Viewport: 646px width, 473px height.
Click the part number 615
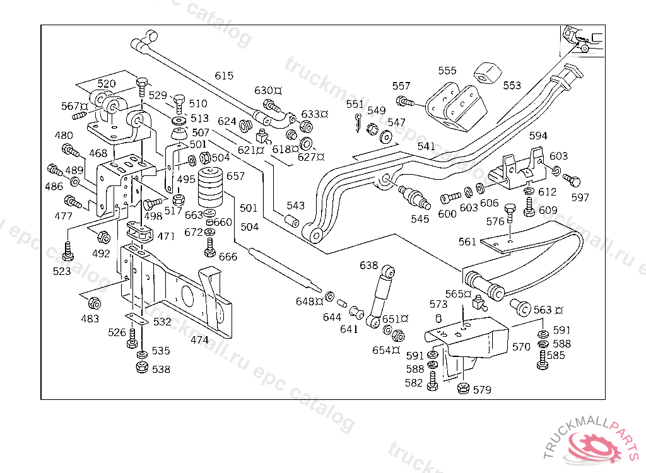[224, 76]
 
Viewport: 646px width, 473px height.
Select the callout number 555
[447, 71]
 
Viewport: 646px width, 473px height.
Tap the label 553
[512, 85]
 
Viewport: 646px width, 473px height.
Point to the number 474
[200, 340]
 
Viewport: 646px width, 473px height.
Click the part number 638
[369, 266]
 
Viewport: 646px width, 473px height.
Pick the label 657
[235, 176]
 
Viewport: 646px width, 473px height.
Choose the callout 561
[467, 242]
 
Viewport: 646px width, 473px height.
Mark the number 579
[482, 390]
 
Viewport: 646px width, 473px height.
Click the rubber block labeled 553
[486, 73]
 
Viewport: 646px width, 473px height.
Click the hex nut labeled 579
[462, 388]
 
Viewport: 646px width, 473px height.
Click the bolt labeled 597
[573, 181]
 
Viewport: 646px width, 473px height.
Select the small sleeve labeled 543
[291, 221]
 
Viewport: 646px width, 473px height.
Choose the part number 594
[538, 136]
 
